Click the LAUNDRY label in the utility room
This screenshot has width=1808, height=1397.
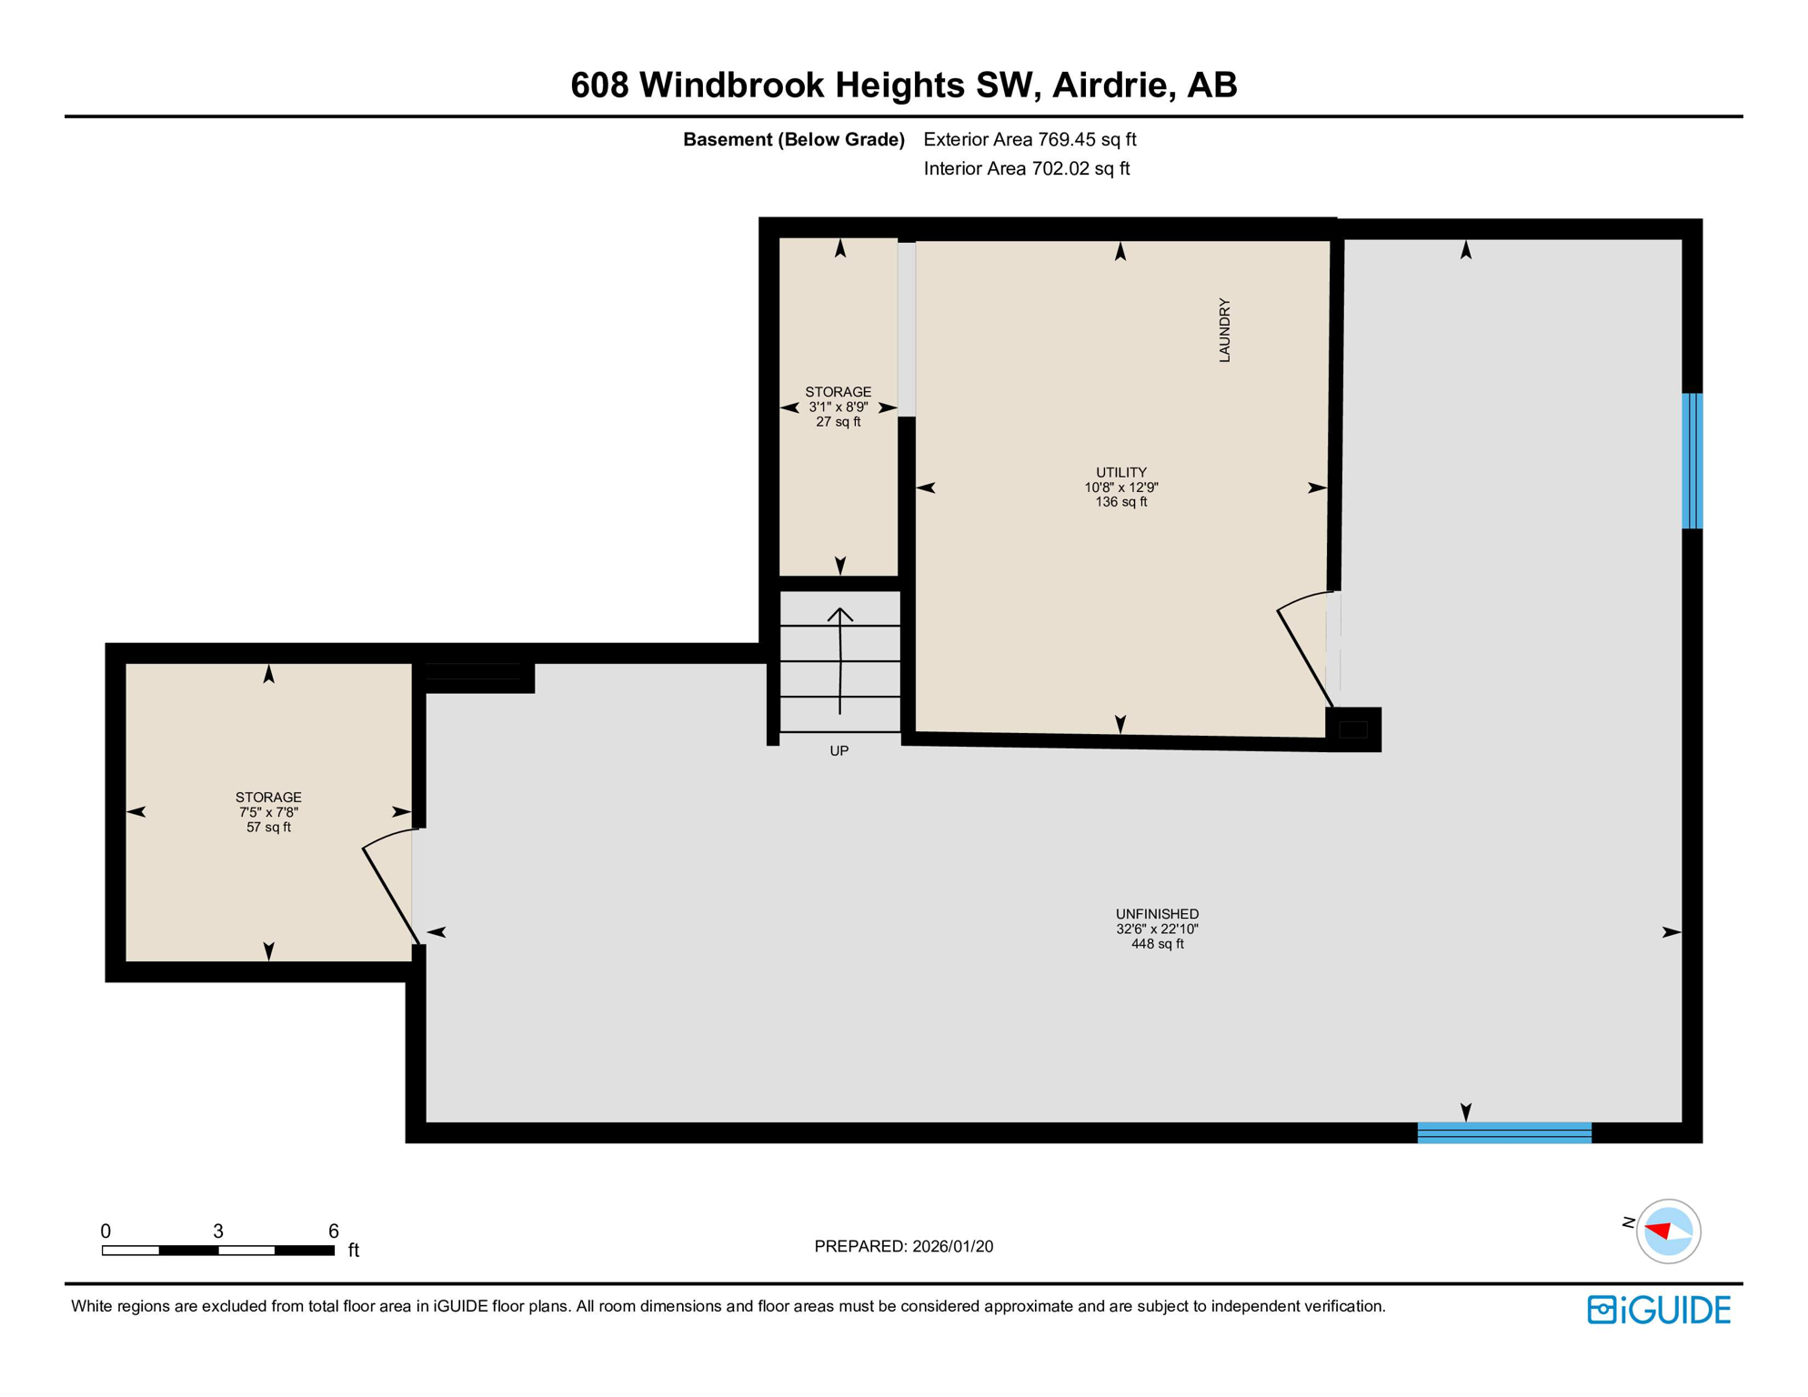pyautogui.click(x=1224, y=330)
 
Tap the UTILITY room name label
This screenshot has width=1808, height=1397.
pyautogui.click(x=1120, y=472)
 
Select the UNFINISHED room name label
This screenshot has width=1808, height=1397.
pyautogui.click(x=1157, y=914)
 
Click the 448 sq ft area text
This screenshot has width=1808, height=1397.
pyautogui.click(x=1157, y=944)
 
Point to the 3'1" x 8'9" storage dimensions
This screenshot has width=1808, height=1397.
pyautogui.click(x=838, y=407)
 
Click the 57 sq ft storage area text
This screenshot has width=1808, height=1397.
pyautogui.click(x=268, y=827)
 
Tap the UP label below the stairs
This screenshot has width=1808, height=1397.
pyautogui.click(x=839, y=751)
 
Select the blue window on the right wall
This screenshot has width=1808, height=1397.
pyautogui.click(x=1691, y=461)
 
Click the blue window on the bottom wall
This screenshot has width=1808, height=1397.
pyautogui.click(x=1504, y=1132)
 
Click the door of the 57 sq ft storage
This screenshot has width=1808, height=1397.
pyautogui.click(x=391, y=887)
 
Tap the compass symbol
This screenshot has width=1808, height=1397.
pyautogui.click(x=1668, y=1231)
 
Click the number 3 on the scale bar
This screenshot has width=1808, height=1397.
pyautogui.click(x=218, y=1231)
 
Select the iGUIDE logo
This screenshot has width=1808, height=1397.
pyautogui.click(x=1659, y=1310)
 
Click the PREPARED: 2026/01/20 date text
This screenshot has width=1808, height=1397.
pyautogui.click(x=903, y=1246)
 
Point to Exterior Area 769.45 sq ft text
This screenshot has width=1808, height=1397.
pyautogui.click(x=1030, y=139)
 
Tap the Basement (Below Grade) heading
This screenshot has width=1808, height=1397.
pyautogui.click(x=793, y=139)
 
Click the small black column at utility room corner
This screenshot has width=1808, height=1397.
pyautogui.click(x=1353, y=729)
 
